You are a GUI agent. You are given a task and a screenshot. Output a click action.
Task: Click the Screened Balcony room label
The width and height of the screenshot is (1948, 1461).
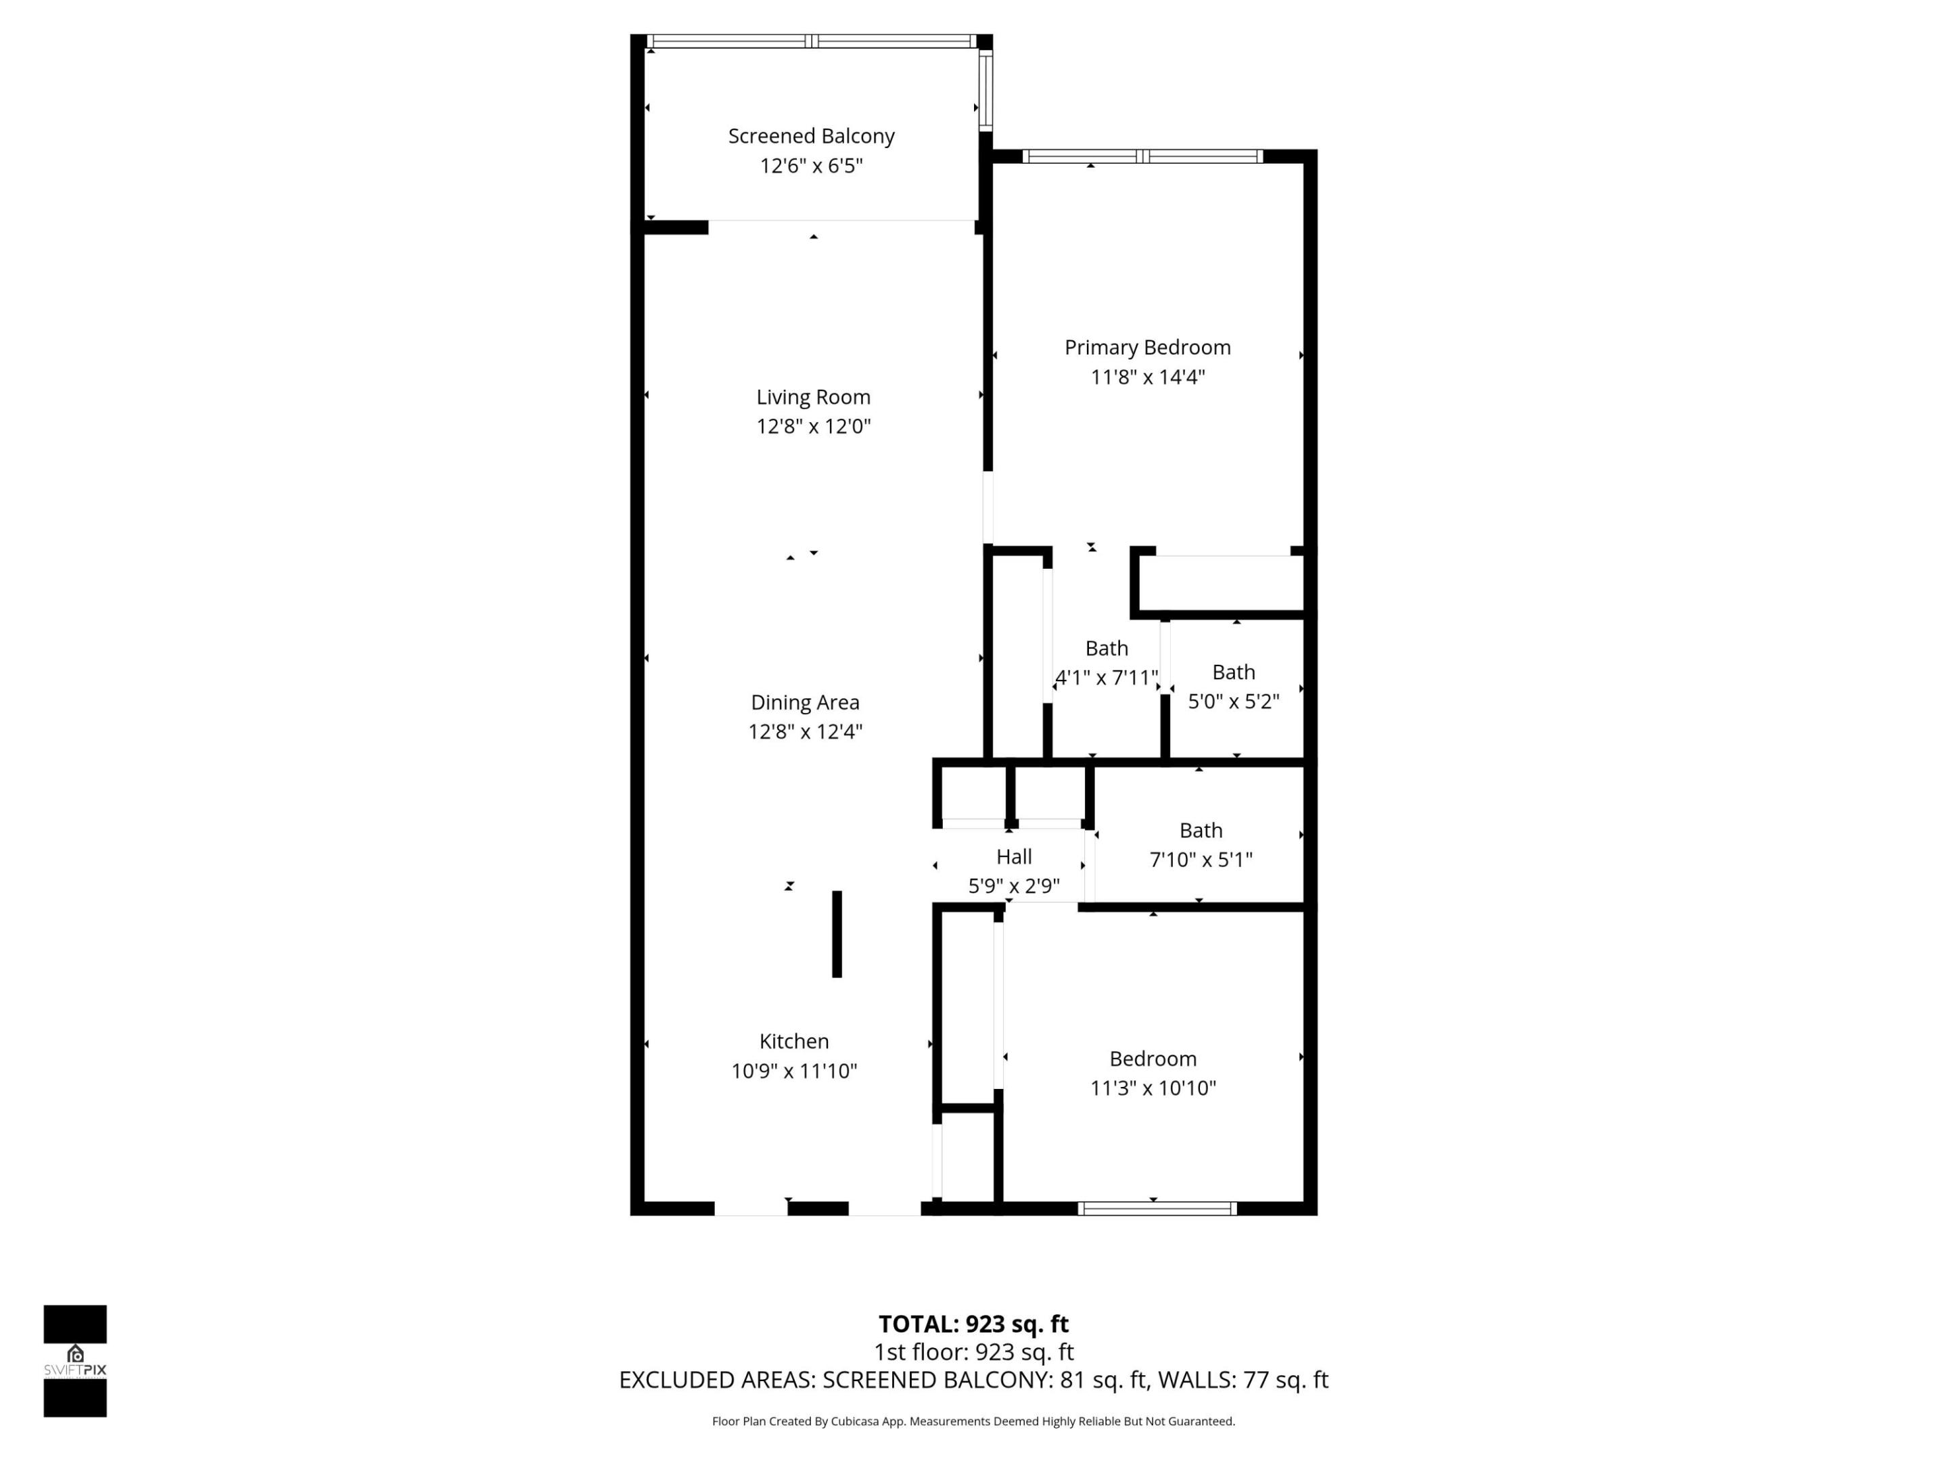(811, 137)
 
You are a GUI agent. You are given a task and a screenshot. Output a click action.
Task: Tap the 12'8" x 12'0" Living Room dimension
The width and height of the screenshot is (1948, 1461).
(813, 426)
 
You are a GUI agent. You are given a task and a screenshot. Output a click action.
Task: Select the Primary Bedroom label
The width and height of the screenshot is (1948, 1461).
(1146, 347)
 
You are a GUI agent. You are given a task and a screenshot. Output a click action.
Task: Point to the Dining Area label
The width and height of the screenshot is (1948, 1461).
(804, 702)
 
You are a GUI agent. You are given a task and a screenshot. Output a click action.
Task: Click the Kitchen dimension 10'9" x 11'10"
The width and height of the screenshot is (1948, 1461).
(793, 1071)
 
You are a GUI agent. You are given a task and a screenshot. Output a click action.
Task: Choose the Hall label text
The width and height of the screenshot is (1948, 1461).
(1014, 856)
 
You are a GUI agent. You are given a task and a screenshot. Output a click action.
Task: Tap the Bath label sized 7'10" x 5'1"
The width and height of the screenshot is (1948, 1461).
(1201, 831)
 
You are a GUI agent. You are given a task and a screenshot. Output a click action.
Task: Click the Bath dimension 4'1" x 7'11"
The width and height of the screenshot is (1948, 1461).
(1106, 677)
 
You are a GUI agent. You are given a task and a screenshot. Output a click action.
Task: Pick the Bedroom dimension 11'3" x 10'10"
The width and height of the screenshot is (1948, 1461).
(1152, 1088)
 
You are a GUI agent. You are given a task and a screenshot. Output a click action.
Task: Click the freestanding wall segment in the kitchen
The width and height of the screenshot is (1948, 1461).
(837, 933)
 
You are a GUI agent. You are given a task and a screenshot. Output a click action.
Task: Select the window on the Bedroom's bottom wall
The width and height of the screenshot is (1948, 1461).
(1157, 1208)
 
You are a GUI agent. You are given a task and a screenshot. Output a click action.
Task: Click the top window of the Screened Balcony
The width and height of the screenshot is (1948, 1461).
(811, 41)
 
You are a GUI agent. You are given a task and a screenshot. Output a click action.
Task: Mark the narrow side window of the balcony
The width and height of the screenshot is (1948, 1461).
(985, 91)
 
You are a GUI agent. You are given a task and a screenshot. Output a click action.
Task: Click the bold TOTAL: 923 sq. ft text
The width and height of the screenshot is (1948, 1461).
(973, 1324)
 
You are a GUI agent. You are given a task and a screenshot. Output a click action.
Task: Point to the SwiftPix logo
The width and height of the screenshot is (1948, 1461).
(75, 1361)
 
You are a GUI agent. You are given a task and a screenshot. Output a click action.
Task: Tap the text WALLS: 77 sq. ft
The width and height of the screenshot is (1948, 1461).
(1242, 1380)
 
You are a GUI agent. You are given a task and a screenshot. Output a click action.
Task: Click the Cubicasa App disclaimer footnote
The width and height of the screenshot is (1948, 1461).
(973, 1420)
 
